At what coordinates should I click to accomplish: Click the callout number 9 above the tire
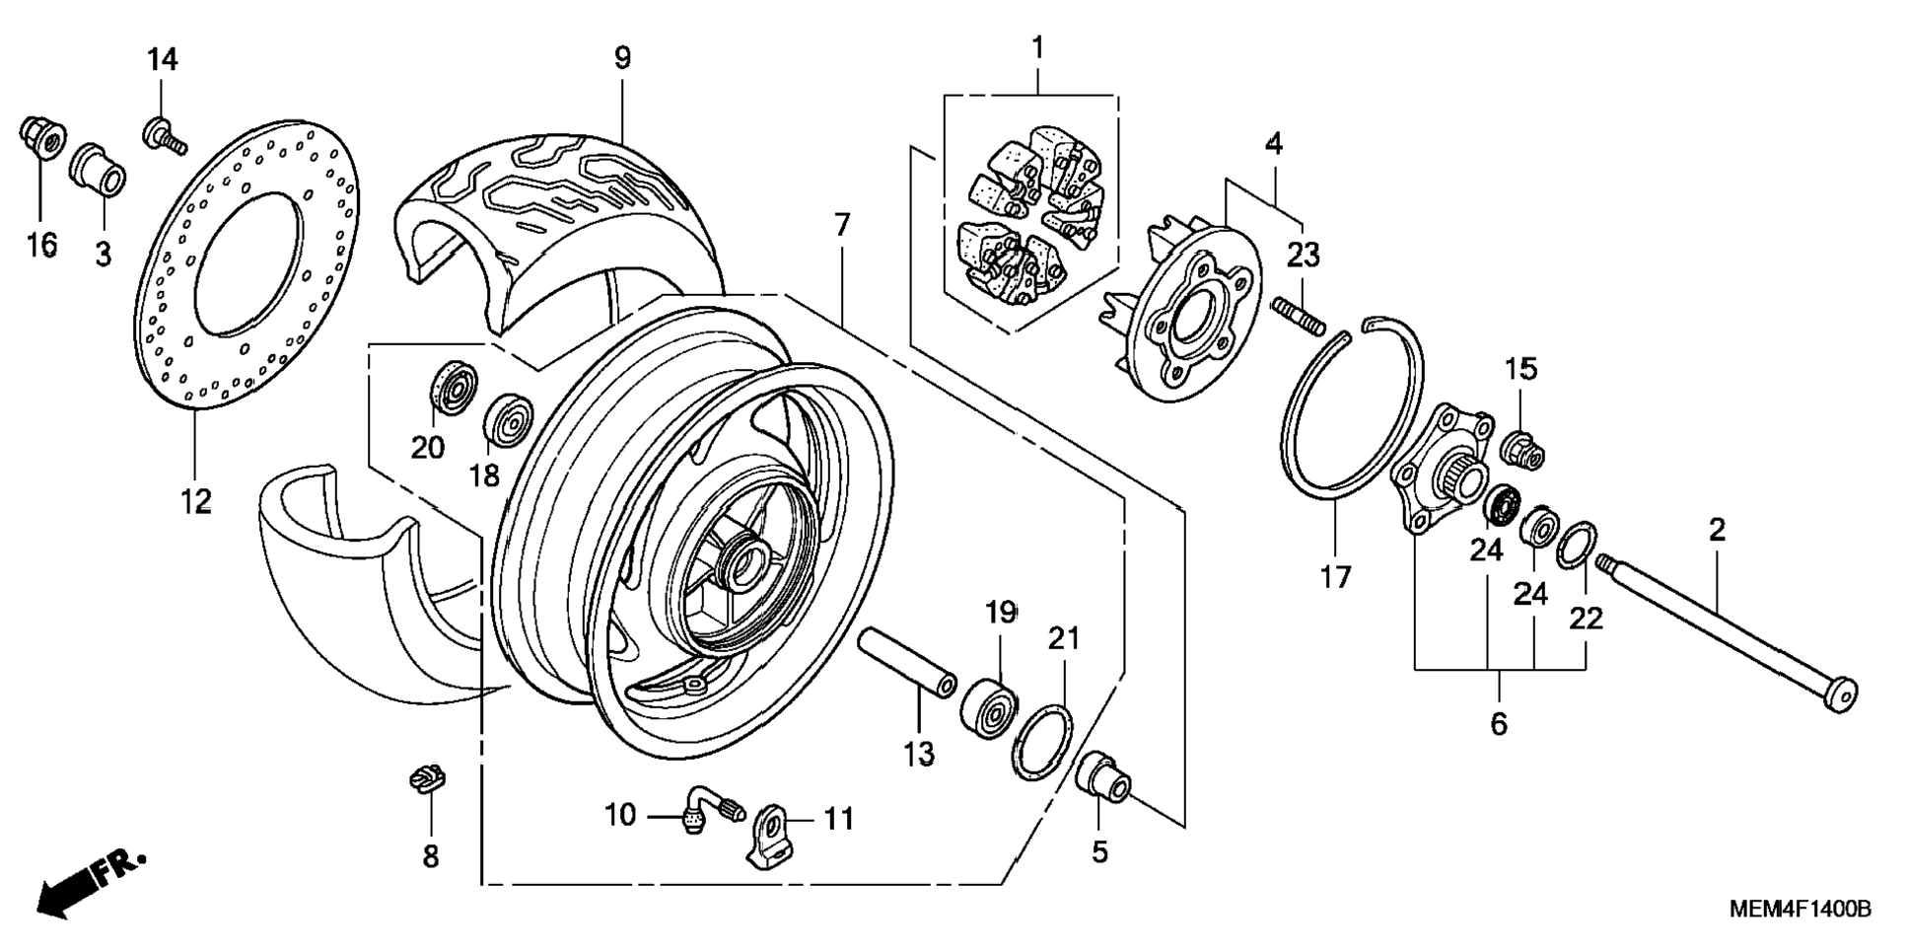pos(622,58)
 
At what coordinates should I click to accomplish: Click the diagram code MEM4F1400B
pos(1800,909)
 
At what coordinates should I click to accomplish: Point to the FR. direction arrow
pos(89,883)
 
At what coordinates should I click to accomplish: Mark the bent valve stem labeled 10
pos(712,806)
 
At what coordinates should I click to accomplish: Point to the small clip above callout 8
pos(427,777)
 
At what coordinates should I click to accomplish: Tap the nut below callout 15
pos(1521,450)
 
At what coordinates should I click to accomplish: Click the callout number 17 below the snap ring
pos(1336,576)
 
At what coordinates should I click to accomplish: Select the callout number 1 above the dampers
pos(1037,46)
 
